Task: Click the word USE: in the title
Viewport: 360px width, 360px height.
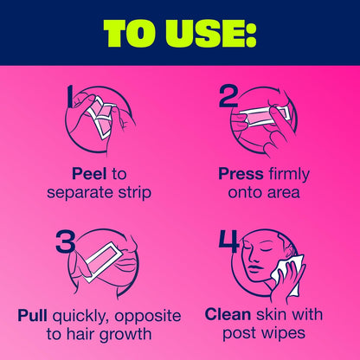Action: [211, 33]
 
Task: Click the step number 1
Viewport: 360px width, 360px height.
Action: [70, 97]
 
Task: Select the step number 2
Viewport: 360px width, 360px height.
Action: [228, 97]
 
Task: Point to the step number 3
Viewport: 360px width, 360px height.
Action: [66, 241]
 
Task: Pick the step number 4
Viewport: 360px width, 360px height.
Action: [229, 241]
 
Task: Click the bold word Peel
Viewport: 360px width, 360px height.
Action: [89, 174]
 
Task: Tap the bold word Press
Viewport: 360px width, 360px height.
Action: [241, 174]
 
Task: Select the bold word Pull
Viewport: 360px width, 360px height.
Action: [32, 315]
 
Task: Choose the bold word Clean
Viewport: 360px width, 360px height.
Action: [228, 314]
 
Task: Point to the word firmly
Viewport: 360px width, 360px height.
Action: [289, 175]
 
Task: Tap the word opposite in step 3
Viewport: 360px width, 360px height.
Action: [148, 316]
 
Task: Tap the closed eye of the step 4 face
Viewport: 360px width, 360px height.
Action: [260, 249]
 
